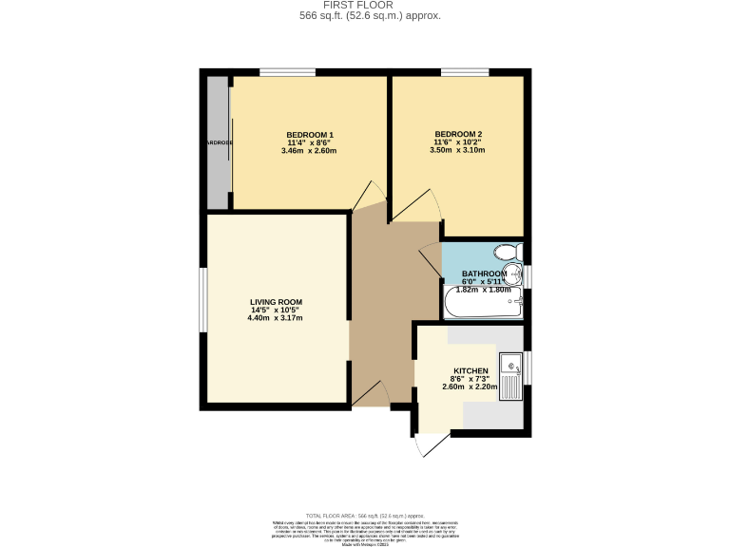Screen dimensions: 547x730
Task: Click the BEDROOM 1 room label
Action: (x=310, y=134)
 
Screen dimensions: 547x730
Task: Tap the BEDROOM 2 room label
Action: (x=458, y=134)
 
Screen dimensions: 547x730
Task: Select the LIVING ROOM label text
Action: (x=276, y=301)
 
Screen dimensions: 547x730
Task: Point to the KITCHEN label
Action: (x=471, y=370)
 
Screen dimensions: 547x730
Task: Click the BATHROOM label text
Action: (x=486, y=273)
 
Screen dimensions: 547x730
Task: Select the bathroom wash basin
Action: (x=514, y=276)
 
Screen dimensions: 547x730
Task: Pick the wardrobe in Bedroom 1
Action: (x=219, y=142)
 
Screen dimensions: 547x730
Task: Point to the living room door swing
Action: (x=371, y=393)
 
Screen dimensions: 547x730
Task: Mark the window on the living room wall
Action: (x=202, y=300)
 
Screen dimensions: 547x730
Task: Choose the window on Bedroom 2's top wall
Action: (x=465, y=72)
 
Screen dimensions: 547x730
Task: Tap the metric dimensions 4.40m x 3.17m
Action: (x=276, y=318)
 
